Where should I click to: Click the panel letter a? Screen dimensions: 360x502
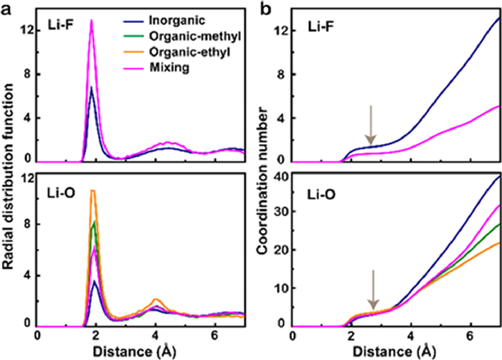pyautogui.click(x=6, y=9)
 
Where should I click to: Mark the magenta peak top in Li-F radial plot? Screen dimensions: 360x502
pyautogui.click(x=91, y=21)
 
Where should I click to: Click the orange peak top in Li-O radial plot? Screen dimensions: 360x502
pyautogui.click(x=92, y=191)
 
